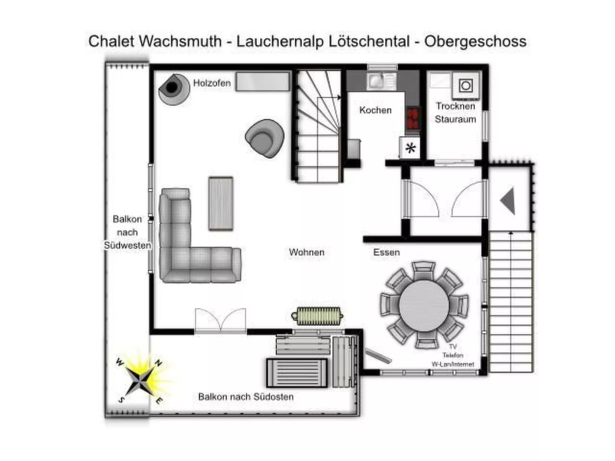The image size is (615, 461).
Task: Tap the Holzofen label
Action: coord(212,83)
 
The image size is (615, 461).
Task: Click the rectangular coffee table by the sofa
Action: coord(221,204)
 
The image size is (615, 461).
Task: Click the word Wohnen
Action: coord(306,252)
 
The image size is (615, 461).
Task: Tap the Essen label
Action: coord(386,252)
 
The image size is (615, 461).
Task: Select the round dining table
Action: coord(424,306)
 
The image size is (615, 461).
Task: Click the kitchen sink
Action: coord(376,81)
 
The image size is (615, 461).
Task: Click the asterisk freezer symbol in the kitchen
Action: coord(410,148)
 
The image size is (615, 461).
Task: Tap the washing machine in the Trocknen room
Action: coord(466,86)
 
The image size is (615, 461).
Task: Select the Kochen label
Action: coord(375,110)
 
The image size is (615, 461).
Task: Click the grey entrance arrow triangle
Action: coord(509,201)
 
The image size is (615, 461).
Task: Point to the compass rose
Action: coord(141,381)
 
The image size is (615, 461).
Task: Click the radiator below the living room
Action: coord(318,316)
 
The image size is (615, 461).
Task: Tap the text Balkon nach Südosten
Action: coord(245,397)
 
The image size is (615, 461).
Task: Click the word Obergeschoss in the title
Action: coord(475,41)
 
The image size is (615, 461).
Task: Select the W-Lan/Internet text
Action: coord(453,364)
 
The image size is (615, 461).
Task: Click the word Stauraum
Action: coord(455,119)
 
